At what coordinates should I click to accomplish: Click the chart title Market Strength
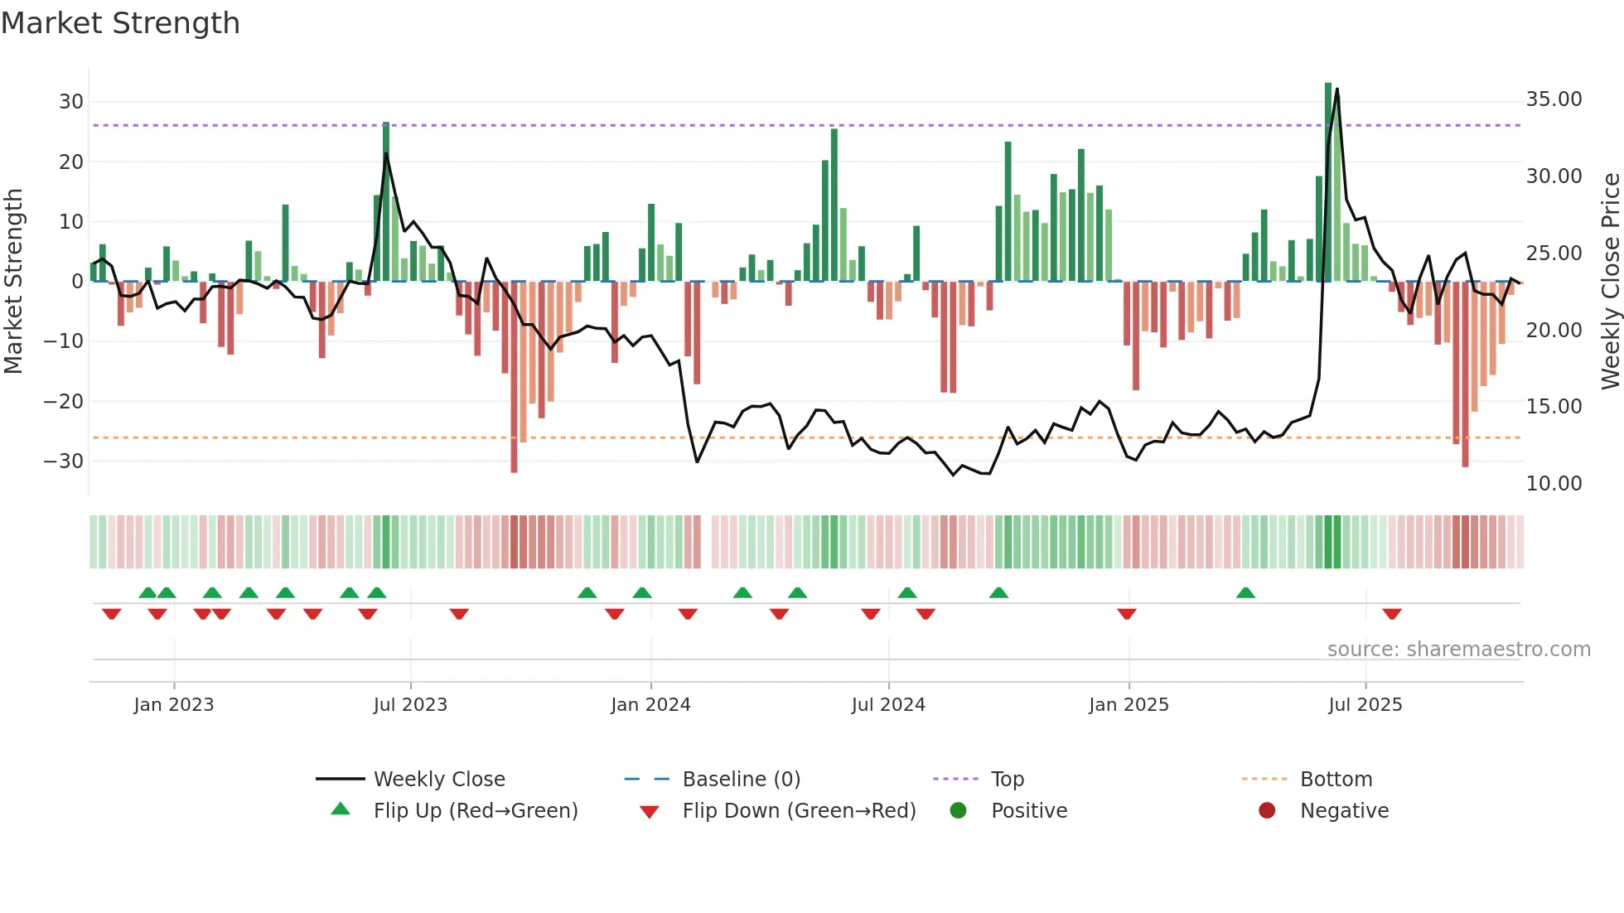[120, 23]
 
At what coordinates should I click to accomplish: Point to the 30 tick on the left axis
[71, 102]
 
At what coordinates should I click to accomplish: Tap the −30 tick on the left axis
[65, 461]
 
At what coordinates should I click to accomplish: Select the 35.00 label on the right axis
[1554, 99]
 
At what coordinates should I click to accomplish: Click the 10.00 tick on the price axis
[1554, 484]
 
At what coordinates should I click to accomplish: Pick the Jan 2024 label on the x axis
[650, 705]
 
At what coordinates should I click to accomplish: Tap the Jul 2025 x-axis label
[1365, 705]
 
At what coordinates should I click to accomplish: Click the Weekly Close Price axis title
[1610, 282]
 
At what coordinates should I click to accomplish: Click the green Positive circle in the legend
[959, 811]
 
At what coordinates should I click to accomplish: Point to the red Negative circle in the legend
[1267, 811]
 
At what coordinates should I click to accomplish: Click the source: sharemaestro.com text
[1458, 650]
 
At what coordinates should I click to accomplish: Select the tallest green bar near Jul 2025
[1328, 182]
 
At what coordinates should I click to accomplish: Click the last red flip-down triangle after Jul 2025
[1392, 614]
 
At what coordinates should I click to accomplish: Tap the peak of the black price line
[1336, 89]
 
